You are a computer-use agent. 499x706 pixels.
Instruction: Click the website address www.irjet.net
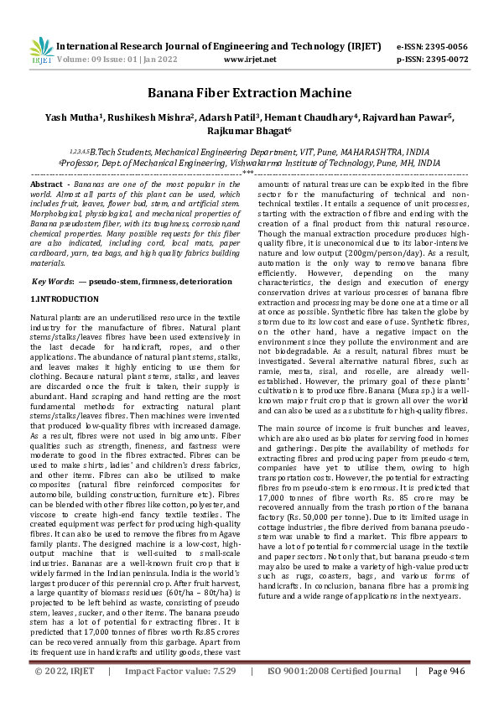pos(251,60)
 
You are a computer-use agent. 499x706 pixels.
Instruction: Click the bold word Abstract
pos(46,183)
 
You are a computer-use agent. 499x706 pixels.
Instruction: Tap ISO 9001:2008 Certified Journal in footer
pos(335,694)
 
